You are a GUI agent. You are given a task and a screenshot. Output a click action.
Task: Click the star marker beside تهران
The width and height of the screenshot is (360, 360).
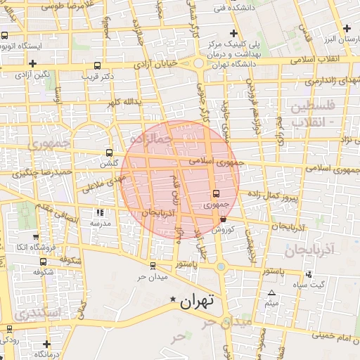pyautogui.click(x=173, y=300)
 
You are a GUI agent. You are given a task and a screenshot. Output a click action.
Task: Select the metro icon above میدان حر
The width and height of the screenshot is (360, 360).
pyautogui.click(x=153, y=265)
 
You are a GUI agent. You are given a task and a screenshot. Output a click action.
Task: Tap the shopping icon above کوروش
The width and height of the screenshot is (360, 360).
pyautogui.click(x=223, y=219)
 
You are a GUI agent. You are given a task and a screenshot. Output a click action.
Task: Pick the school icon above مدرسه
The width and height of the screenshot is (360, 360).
pyautogui.click(x=100, y=212)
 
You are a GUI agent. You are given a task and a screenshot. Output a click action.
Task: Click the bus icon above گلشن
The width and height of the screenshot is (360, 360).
pyautogui.click(x=108, y=153)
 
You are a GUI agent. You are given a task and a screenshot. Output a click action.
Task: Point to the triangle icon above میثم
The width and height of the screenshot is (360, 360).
pyautogui.click(x=271, y=292)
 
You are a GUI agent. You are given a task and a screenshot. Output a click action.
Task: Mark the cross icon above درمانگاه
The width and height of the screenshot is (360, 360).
pyautogui.click(x=47, y=345)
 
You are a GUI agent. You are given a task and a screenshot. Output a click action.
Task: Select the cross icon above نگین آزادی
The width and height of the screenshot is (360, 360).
pyautogui.click(x=13, y=64)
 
